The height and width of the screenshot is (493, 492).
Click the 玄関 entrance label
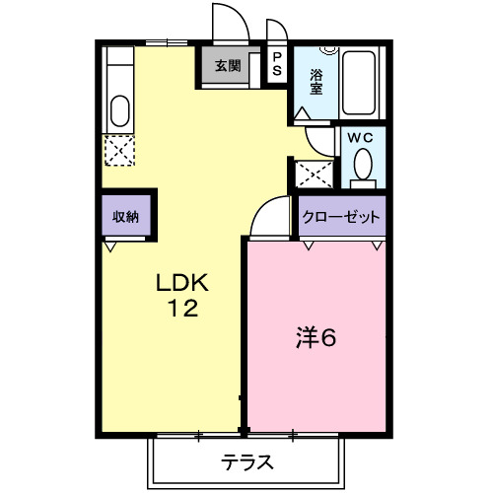tap(228, 66)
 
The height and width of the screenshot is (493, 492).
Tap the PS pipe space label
tap(277, 64)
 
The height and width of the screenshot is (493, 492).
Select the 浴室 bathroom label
tap(316, 82)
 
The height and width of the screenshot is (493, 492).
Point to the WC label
tap(360, 138)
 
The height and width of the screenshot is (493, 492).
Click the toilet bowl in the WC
tap(363, 164)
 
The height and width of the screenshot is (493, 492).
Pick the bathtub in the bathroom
tap(359, 83)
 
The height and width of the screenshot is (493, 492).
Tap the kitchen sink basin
tap(119, 110)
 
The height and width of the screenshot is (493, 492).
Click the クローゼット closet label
tap(341, 217)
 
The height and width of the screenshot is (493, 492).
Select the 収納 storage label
tap(125, 217)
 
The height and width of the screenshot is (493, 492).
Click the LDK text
tap(182, 283)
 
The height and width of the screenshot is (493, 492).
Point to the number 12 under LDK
tap(182, 308)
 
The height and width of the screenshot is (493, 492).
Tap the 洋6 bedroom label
tap(316, 337)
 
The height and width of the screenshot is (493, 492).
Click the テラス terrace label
tap(246, 462)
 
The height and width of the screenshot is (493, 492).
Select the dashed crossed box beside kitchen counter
tap(119, 151)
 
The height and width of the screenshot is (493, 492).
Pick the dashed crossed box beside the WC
tap(315, 174)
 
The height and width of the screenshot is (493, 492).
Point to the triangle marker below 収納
tap(110, 247)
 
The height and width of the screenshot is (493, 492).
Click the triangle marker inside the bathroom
tap(302, 113)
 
